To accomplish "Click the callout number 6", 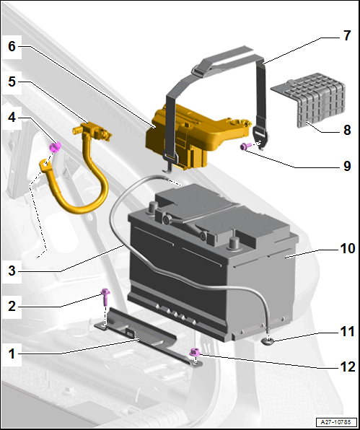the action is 12,46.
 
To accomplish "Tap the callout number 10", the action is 348,248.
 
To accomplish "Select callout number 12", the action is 348,367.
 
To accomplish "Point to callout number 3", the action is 12,271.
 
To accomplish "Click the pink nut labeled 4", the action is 55,147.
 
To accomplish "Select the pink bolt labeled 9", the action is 246,146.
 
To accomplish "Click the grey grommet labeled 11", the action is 268,341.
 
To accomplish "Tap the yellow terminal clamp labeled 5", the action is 92,131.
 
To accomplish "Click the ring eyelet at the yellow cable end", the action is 45,164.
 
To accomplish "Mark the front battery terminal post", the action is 234,242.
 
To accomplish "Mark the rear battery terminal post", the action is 153,206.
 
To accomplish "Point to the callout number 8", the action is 347,130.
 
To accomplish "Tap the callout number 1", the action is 12,354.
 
